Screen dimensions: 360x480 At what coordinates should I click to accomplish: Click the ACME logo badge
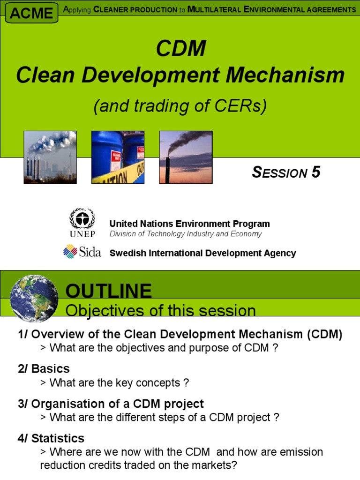(31, 13)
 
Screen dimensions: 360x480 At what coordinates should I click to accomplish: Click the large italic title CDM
(181, 48)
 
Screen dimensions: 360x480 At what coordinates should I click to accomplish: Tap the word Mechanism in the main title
(285, 75)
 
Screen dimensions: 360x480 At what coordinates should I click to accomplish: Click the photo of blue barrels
(118, 157)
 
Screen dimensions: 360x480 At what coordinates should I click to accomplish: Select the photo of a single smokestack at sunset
(186, 157)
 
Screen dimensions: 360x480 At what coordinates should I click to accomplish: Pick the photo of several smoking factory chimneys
(50, 157)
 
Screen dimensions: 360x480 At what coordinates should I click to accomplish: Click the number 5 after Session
(316, 172)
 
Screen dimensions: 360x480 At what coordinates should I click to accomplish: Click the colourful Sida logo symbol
(70, 252)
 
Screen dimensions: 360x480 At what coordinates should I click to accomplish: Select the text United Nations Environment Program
(189, 224)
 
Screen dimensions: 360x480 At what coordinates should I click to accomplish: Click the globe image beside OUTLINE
(34, 298)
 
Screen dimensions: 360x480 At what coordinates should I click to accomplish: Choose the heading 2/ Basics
(44, 368)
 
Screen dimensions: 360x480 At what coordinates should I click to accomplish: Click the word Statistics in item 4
(58, 438)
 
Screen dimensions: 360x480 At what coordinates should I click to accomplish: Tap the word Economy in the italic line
(246, 234)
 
